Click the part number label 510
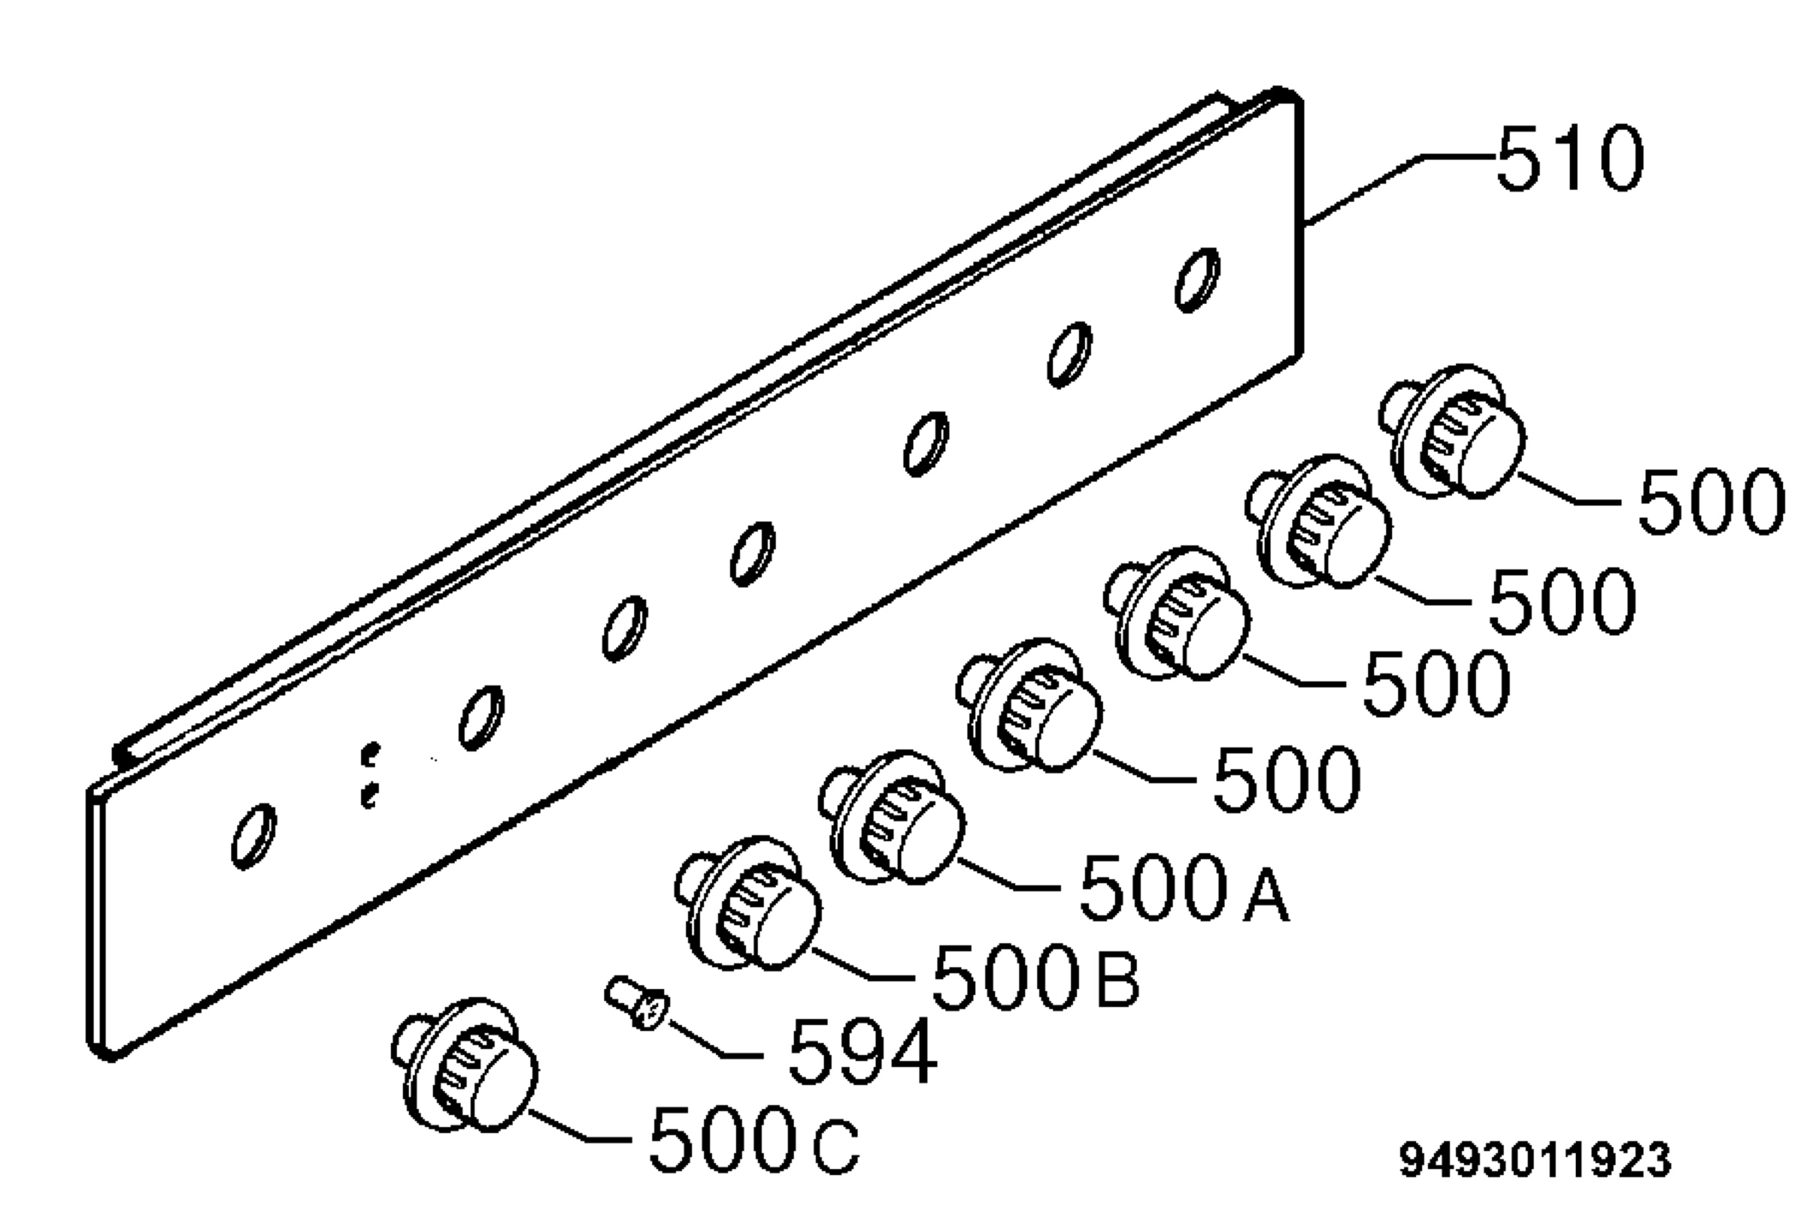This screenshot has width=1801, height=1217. coord(1570,158)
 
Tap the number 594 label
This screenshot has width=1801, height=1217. coord(862,1051)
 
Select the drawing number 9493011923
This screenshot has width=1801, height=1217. coord(1535,1160)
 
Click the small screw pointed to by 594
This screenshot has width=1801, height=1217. coord(636,1002)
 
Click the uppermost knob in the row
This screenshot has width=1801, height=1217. coord(1452,430)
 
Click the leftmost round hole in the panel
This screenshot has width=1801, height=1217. coord(254,836)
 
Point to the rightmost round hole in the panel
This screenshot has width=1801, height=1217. coord(1198,280)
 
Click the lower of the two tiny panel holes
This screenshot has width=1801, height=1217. coord(370,795)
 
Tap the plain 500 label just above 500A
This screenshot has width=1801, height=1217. coord(1285,779)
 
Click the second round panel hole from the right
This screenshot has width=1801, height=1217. coord(1069,354)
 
